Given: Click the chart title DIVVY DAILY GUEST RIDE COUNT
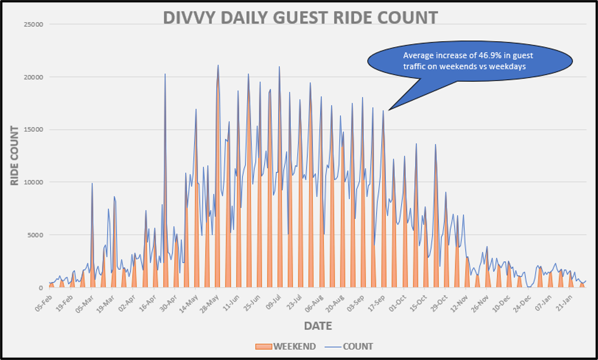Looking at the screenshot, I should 300,17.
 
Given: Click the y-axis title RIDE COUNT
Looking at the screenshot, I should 15,156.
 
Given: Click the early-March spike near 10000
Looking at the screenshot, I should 92,184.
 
